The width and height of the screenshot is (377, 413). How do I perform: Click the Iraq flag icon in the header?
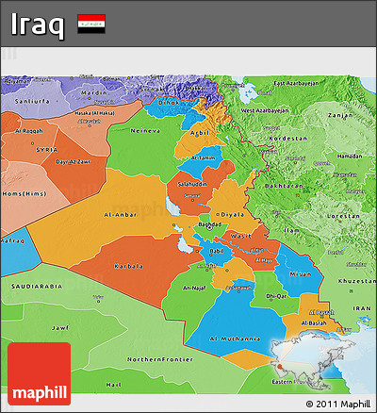click(x=91, y=23)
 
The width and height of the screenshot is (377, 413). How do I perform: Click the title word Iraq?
click(x=39, y=24)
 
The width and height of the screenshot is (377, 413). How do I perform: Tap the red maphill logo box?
click(x=39, y=374)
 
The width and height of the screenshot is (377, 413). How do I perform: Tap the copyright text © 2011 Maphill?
click(x=337, y=404)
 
